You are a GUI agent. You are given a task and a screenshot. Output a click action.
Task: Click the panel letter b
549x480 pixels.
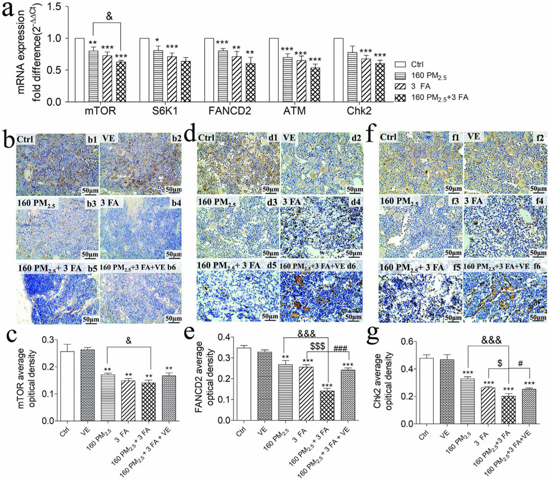8,139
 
